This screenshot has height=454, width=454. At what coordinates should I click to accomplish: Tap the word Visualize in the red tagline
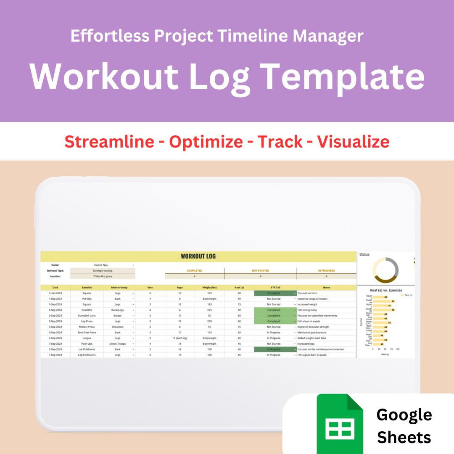[x=353, y=142]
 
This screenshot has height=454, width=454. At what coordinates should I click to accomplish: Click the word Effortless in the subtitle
[x=109, y=36]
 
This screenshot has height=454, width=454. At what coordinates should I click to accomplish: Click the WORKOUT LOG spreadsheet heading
[x=198, y=256]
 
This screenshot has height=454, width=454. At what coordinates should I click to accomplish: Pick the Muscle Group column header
[x=119, y=288]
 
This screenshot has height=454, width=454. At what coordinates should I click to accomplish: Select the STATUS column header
[x=275, y=288]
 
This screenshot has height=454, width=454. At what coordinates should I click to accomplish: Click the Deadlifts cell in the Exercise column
[x=87, y=310]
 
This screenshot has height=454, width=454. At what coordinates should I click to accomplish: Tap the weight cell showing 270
[x=209, y=321]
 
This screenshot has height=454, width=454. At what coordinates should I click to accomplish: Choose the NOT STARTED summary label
[x=260, y=271]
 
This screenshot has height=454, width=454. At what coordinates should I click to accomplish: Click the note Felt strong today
[x=307, y=310]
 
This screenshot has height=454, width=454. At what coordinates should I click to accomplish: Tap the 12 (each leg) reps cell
[x=179, y=338]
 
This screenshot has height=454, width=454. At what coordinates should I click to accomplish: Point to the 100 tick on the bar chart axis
[x=398, y=349]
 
